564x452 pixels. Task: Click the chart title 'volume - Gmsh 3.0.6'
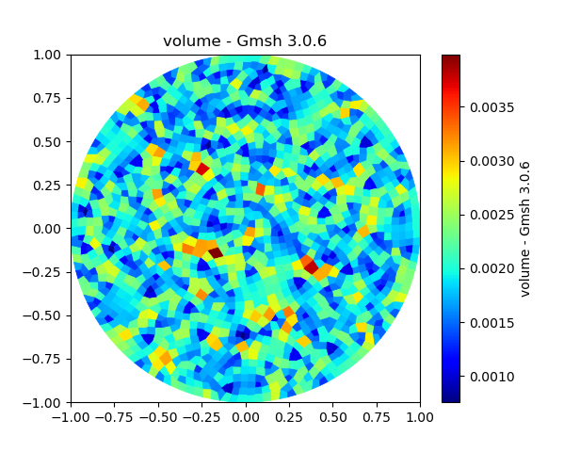[245, 40]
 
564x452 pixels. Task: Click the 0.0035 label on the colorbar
[491, 107]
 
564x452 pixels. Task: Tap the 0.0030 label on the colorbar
[491, 161]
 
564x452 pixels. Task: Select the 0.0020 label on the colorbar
[491, 269]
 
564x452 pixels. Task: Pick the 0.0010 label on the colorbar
[491, 377]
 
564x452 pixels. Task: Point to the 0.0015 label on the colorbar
[491, 323]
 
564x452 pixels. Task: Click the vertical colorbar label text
[525, 229]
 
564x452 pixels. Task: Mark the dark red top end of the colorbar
[451, 58]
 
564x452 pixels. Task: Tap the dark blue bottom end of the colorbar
[451, 398]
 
